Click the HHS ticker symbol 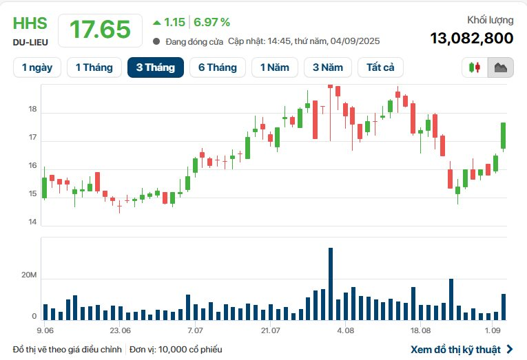coord(30,23)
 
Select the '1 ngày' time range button coord(37,67)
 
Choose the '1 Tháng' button coord(94,67)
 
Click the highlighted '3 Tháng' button coord(155,67)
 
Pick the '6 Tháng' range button coord(217,67)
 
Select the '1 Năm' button coord(275,67)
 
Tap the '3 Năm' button coord(327,67)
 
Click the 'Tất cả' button coord(380,67)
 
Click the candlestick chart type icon coord(475,67)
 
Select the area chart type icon coord(500,67)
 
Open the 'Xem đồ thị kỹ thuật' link coord(455,349)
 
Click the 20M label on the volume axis coord(30,275)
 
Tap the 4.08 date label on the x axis coord(345,330)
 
